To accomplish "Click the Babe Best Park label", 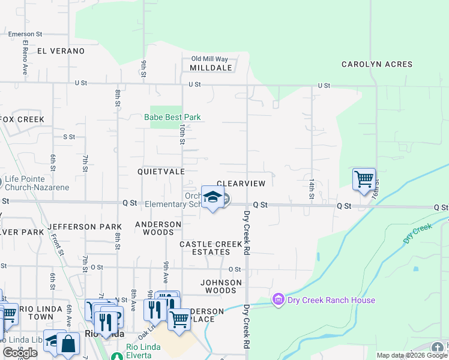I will (x=172, y=117).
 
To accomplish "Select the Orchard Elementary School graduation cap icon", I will (x=212, y=197).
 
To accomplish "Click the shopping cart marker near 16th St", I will (x=364, y=179).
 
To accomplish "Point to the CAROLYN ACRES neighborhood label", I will (x=377, y=64).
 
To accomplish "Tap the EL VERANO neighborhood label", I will (x=61, y=51).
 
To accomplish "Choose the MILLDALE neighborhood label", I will (x=211, y=68).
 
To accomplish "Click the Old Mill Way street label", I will (x=209, y=59).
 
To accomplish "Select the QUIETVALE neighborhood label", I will (x=161, y=171).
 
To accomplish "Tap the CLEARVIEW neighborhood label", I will (x=245, y=183).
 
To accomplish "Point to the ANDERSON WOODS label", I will (x=158, y=228).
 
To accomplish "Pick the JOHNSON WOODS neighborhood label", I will (x=221, y=286).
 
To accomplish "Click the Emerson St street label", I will (x=25, y=34).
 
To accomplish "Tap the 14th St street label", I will (x=312, y=188).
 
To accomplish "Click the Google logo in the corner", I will (x=20, y=353).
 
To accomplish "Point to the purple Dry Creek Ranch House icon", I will (x=277, y=298).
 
